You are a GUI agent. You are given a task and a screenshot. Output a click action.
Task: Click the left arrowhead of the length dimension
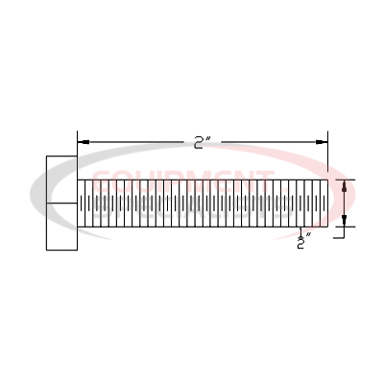(x=82, y=140)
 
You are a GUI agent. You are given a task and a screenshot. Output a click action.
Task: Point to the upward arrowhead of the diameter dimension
(x=345, y=185)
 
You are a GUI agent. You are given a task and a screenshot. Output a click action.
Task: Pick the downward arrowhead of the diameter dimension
(x=345, y=222)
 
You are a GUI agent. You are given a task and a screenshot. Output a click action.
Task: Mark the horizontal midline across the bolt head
(x=61, y=203)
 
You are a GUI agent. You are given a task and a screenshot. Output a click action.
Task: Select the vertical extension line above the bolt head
(x=77, y=144)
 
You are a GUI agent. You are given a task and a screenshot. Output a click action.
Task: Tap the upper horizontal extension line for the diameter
(x=346, y=179)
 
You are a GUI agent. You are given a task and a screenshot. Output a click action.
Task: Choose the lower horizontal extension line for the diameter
(x=346, y=228)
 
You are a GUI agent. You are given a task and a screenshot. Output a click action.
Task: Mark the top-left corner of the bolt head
(x=46, y=155)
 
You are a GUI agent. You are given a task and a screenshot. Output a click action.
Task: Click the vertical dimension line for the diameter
(x=345, y=203)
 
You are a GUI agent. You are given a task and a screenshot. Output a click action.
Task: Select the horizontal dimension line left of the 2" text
(x=134, y=140)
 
